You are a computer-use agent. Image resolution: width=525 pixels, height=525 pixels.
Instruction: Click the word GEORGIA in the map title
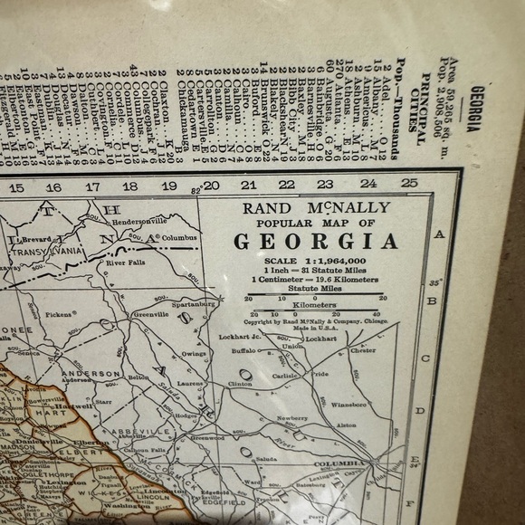point(316,242)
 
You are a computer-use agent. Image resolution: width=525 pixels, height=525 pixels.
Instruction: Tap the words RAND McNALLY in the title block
point(316,207)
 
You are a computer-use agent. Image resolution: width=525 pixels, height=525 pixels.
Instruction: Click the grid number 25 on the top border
point(408,185)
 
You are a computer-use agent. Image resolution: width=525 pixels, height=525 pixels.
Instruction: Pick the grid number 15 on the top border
point(16,188)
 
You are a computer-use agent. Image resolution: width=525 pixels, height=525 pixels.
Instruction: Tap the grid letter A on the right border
point(440,234)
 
